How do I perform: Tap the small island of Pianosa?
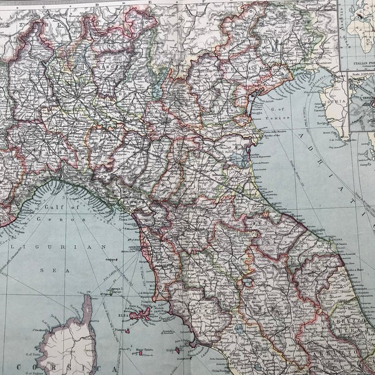(126, 330)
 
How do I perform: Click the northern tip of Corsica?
(87, 299)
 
